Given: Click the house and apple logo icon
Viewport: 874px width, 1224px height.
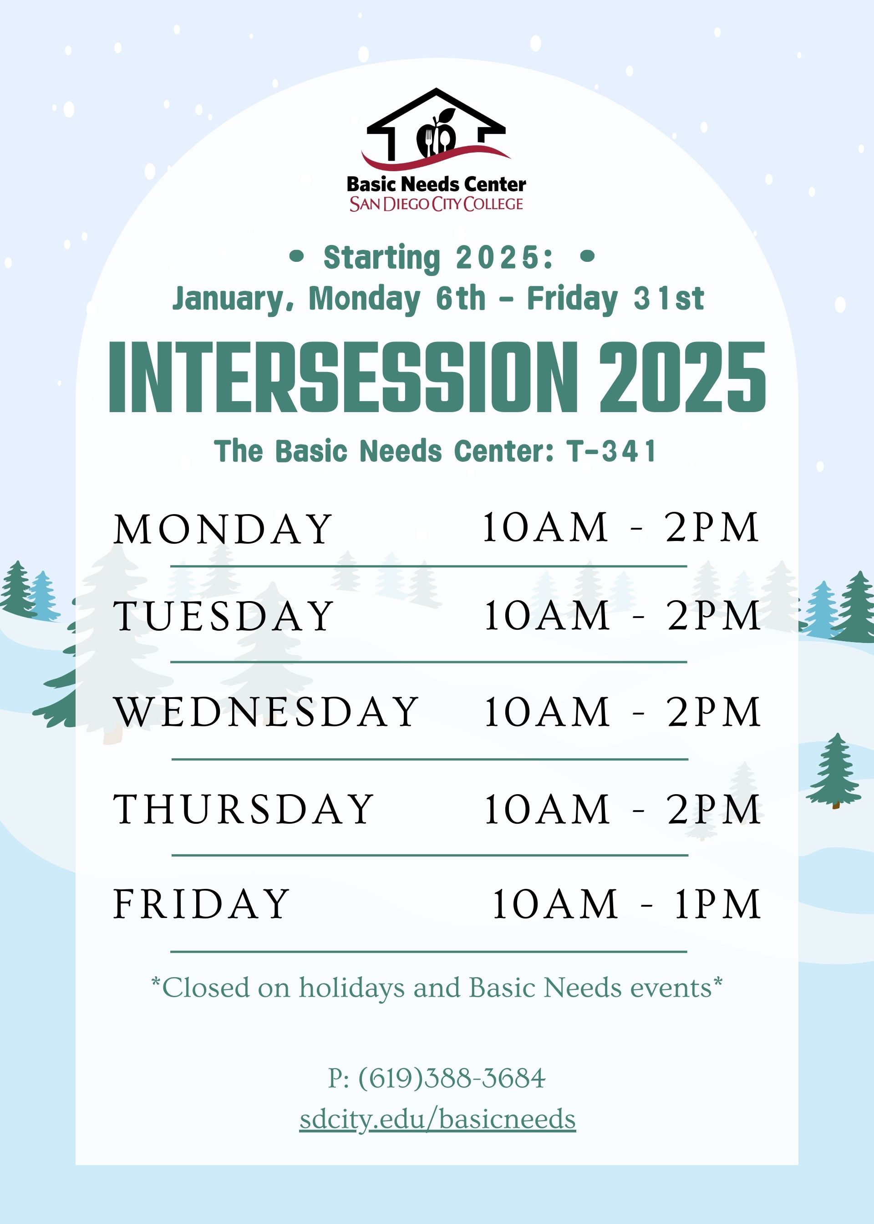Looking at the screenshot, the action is (x=436, y=129).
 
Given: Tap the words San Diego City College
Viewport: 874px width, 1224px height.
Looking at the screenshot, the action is (x=436, y=204).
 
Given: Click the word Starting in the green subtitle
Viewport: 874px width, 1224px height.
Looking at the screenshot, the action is (x=381, y=258).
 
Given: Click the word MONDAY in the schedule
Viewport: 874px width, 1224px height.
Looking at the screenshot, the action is (x=223, y=529).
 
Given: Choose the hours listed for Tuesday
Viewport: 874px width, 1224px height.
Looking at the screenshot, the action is (x=622, y=615).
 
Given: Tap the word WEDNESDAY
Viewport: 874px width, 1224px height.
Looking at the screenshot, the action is (x=266, y=712).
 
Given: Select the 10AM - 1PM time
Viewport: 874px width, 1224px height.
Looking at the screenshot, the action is (x=626, y=904).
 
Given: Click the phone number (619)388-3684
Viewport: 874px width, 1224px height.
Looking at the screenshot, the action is (x=452, y=1078).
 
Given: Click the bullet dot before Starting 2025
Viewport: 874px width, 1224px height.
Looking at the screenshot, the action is (x=296, y=257).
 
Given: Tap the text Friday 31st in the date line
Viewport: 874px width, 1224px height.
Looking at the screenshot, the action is (x=615, y=299).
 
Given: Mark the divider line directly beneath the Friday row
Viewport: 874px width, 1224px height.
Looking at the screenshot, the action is (x=429, y=952).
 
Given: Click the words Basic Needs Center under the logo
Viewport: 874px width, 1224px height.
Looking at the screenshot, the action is (x=437, y=184).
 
